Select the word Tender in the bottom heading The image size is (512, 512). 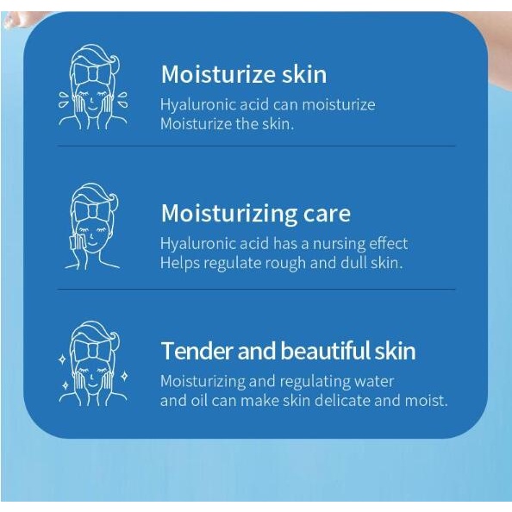[197, 351]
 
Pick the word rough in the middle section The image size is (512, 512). [285, 264]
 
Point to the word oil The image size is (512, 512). [198, 401]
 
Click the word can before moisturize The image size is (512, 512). [285, 105]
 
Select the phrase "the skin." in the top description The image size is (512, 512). [265, 124]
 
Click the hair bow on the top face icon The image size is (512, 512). [93, 73]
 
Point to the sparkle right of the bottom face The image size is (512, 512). [124, 377]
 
